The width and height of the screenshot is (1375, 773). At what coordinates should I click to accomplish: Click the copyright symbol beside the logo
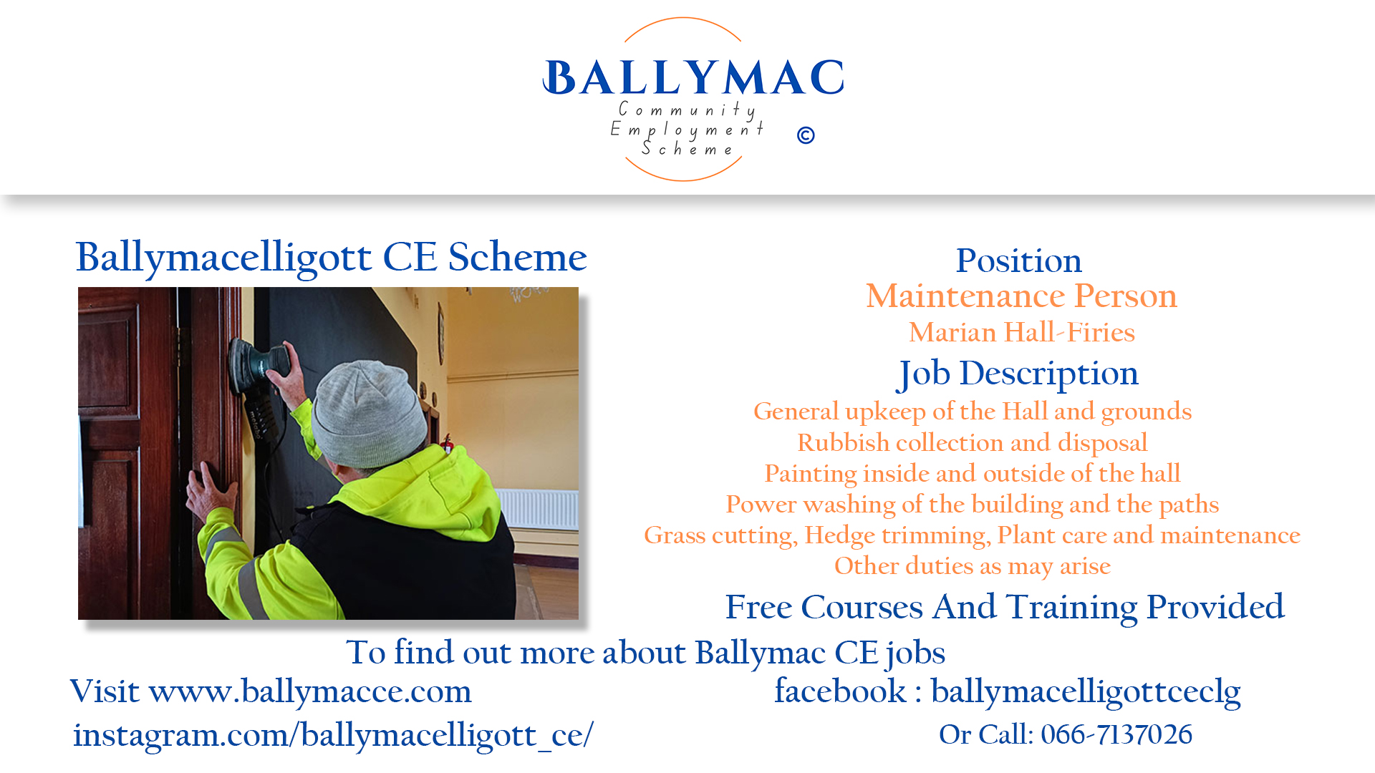806,135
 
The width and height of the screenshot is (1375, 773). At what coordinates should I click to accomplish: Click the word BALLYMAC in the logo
693,77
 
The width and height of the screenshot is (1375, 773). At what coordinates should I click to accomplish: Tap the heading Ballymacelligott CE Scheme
331,258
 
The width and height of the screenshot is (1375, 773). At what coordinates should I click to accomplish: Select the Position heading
1018,261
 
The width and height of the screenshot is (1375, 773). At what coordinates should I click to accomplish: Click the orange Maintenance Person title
1021,296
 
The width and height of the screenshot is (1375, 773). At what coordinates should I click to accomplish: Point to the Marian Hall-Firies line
1022,332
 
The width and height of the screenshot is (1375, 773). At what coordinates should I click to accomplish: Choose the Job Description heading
1018,374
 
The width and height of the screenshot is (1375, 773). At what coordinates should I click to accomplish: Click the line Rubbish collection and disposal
973,443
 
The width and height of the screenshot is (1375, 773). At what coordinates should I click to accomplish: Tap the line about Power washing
973,505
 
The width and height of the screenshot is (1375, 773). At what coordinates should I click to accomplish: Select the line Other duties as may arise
973,566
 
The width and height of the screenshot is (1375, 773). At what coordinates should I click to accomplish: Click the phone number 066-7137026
1116,734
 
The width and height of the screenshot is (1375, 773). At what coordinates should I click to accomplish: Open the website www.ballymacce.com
310,691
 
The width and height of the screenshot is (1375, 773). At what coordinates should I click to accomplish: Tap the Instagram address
333,735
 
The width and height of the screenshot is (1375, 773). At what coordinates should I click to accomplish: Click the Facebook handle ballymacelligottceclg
1086,691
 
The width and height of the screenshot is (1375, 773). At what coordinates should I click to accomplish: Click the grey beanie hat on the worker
370,413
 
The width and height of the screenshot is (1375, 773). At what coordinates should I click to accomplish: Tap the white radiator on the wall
538,509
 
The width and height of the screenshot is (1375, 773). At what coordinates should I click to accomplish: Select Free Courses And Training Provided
1005,608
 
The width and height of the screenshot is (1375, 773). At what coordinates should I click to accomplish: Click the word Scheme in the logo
687,149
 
